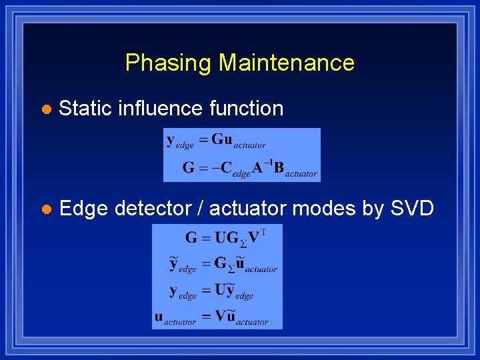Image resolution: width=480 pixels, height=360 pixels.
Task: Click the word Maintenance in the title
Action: click(x=287, y=63)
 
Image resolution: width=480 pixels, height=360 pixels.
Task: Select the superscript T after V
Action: click(x=264, y=233)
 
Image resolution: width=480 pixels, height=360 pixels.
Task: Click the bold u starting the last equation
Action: click(x=159, y=317)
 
